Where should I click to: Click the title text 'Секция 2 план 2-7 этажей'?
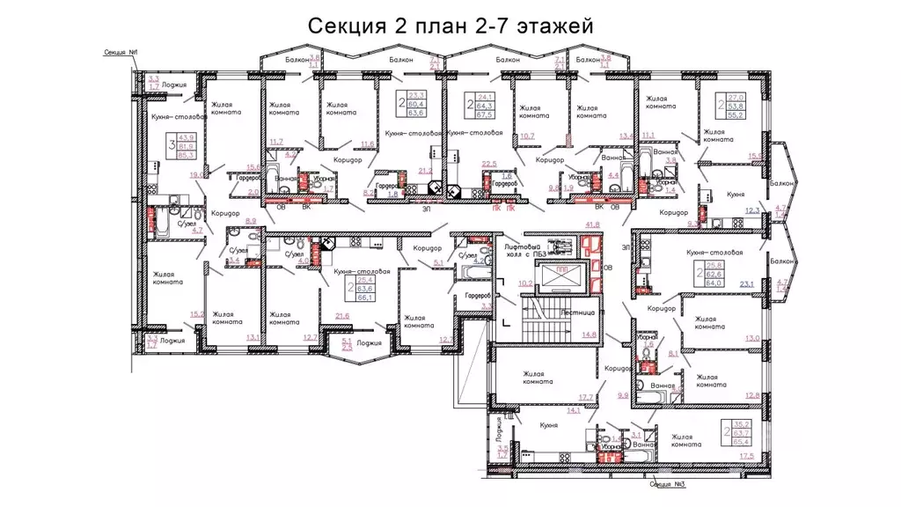point(450,26)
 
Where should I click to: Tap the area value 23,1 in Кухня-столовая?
point(750,283)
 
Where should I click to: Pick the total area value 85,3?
point(187,154)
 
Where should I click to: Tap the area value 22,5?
point(490,163)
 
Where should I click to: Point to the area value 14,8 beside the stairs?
point(589,334)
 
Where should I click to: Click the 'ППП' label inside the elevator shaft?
point(566,271)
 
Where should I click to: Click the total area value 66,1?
point(366,298)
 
